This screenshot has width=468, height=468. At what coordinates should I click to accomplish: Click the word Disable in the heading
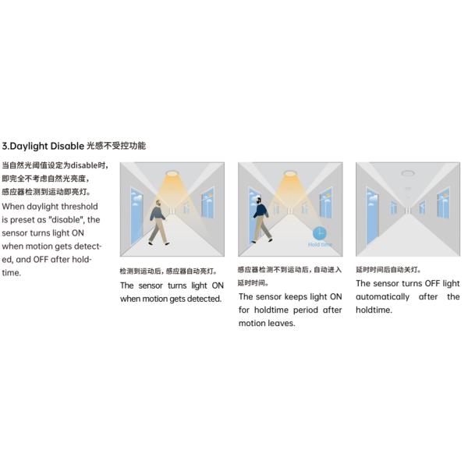(67, 146)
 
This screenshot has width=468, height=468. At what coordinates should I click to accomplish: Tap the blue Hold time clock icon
(319, 233)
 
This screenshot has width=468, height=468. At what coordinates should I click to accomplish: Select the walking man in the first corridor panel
(158, 222)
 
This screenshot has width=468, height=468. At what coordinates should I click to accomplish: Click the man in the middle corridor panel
(262, 219)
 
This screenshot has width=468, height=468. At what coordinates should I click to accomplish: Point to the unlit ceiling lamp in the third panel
(407, 173)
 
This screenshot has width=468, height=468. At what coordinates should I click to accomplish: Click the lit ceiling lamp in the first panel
(172, 173)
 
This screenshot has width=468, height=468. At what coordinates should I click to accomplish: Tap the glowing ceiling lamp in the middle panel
(290, 173)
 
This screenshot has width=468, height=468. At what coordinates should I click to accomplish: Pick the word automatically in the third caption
(382, 297)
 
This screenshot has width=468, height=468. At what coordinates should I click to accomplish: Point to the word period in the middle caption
(305, 310)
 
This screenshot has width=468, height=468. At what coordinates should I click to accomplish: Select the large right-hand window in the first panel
(207, 202)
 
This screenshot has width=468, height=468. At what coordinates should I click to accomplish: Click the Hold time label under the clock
(320, 244)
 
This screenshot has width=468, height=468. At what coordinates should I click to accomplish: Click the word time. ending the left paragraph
(12, 273)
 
